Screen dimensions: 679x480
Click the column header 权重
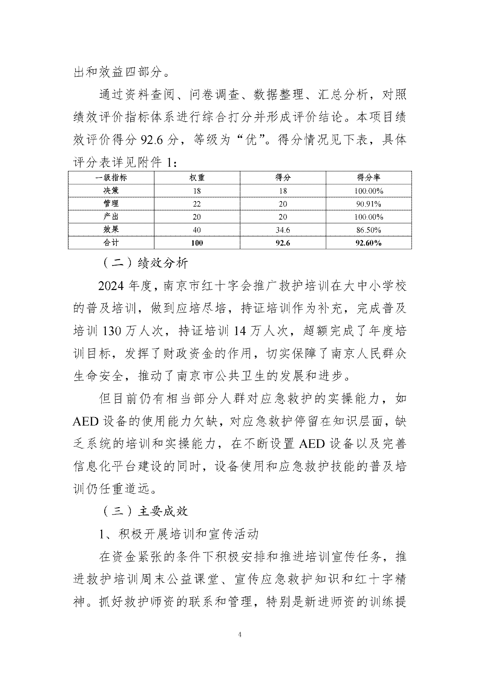[197, 178]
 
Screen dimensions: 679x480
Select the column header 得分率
[369, 178]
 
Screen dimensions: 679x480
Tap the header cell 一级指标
[111, 178]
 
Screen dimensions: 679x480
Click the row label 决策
[111, 191]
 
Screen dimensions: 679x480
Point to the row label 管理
[111, 204]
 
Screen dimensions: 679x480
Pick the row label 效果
[111, 230]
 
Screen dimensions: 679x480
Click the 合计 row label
[111, 243]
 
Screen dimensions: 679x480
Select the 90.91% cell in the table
[369, 204]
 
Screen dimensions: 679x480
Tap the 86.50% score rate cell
[369, 230]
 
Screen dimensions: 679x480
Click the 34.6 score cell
[283, 230]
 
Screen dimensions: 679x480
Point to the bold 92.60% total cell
[369, 243]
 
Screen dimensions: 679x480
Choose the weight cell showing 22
[197, 204]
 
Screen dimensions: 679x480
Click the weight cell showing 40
[197, 230]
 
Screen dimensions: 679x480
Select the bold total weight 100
[197, 243]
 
